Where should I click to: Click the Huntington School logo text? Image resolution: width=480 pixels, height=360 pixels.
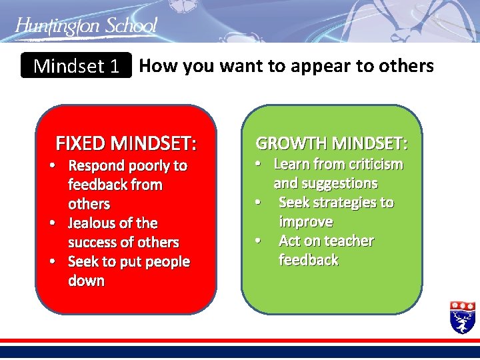[x=86, y=27]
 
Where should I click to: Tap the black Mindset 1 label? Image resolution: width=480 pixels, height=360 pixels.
[x=76, y=66]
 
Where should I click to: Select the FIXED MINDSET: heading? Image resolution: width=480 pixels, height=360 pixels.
[x=126, y=143]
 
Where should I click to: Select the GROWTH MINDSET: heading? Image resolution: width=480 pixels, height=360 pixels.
[x=332, y=143]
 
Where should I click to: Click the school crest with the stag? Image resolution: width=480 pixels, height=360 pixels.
[x=462, y=317]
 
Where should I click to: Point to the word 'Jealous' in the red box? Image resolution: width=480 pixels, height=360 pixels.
[x=94, y=223]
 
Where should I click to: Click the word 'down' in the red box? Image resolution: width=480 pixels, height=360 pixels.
[x=86, y=281]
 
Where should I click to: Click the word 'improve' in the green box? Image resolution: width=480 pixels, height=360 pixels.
[x=305, y=221]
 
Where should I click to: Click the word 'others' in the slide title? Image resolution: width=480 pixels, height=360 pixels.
[x=408, y=66]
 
